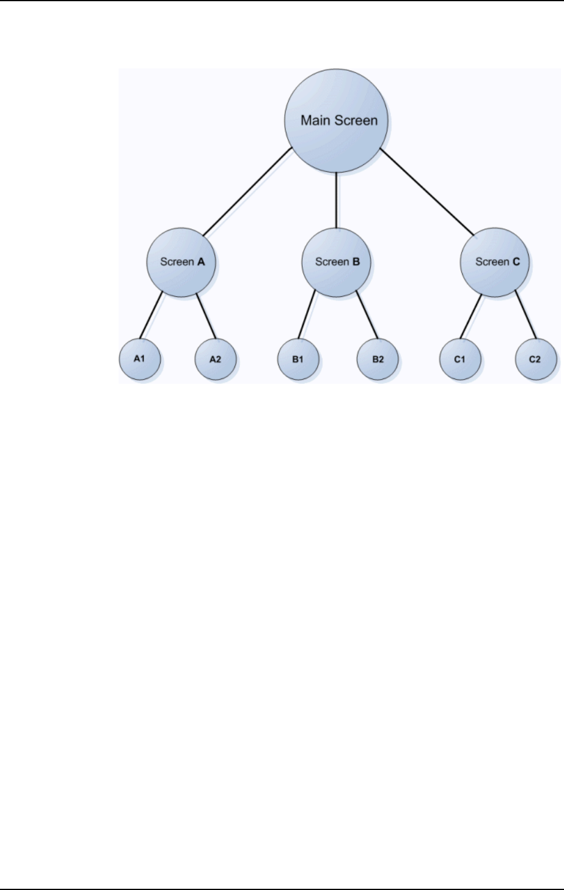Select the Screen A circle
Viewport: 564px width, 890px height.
click(182, 262)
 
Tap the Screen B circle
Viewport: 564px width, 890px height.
click(336, 262)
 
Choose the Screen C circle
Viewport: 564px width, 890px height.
click(494, 262)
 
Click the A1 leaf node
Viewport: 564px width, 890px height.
click(140, 359)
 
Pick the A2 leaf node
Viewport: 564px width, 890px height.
click(216, 359)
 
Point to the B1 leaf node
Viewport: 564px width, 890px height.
click(298, 359)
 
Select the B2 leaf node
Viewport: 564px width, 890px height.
click(378, 359)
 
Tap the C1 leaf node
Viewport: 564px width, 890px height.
click(460, 359)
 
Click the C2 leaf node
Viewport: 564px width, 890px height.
click(535, 359)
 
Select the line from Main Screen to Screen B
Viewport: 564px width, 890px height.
click(336, 200)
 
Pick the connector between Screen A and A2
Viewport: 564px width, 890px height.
click(206, 316)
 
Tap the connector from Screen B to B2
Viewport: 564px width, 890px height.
click(367, 316)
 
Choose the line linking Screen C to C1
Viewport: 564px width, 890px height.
click(471, 316)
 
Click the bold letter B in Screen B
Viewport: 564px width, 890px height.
click(356, 262)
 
